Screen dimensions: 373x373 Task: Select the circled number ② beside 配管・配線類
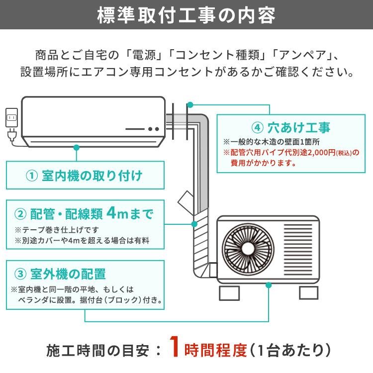20,214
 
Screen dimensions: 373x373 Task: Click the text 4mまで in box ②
130,214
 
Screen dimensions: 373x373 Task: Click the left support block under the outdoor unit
229,292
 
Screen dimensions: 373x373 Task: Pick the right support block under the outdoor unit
308,292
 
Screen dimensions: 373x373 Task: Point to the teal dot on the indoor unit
76,147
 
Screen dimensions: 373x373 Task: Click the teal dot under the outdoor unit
269,285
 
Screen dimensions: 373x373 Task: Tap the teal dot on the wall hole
189,105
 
